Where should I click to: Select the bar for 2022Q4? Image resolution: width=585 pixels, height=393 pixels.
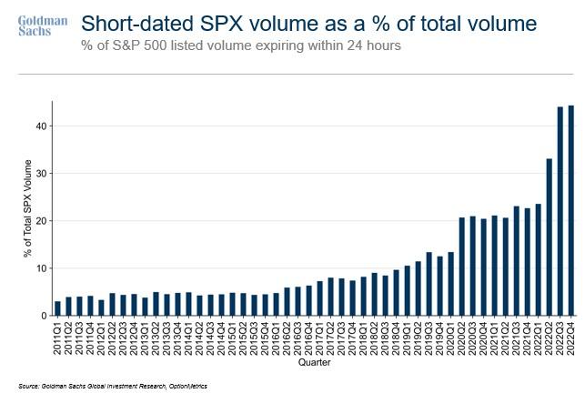click(570, 210)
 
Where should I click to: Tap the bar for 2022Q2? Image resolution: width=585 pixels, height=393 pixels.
click(549, 237)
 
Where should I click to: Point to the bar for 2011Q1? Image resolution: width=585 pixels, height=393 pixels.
click(57, 308)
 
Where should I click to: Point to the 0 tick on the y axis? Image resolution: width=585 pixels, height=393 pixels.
click(44, 316)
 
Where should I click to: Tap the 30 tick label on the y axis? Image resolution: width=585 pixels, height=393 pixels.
click(41, 173)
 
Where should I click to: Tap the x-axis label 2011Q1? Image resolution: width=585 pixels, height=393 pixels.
click(58, 337)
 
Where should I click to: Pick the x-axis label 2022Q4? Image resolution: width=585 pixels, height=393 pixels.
click(571, 337)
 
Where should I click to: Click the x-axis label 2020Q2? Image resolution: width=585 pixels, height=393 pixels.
click(463, 337)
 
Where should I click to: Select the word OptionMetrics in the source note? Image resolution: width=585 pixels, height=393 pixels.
click(187, 386)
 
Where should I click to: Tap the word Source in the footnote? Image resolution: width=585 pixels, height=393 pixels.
click(28, 386)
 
